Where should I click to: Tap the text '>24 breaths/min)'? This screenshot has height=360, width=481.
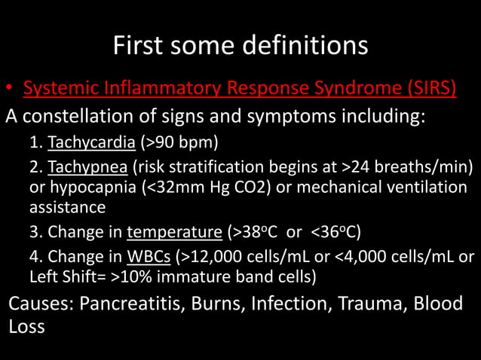tap(415, 166)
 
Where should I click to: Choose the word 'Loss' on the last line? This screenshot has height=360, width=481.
tap(26, 327)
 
